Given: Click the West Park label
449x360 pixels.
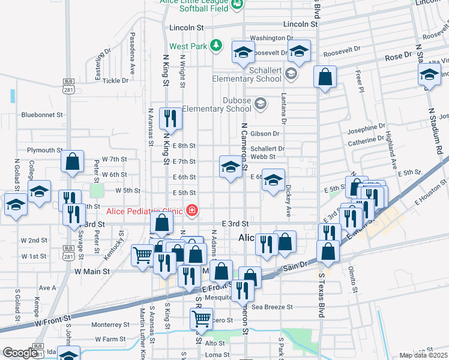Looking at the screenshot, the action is coord(188,46).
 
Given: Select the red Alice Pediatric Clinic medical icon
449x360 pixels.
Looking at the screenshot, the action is coord(192,211).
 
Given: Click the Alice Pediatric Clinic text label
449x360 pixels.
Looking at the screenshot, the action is coord(145,211).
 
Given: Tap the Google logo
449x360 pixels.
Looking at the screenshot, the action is coord(20,353).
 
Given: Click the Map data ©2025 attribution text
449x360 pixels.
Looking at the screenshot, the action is coord(423,355).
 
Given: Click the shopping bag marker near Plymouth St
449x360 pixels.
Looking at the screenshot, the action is coord(72,162).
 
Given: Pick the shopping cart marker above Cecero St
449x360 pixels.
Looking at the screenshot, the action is coord(201,318).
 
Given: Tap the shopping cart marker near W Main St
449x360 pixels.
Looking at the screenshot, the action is coord(142,255).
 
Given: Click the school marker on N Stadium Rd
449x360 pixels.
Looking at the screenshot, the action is coord(429,74).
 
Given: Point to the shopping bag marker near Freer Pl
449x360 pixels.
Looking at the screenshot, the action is coord(325,77).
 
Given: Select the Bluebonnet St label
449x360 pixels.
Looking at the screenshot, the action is coord(42,115).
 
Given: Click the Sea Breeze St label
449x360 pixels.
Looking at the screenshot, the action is coord(272,307).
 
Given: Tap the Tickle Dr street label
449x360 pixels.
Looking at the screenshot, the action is coord(116,80).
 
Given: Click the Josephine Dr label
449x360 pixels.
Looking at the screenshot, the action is coord(366,127).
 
